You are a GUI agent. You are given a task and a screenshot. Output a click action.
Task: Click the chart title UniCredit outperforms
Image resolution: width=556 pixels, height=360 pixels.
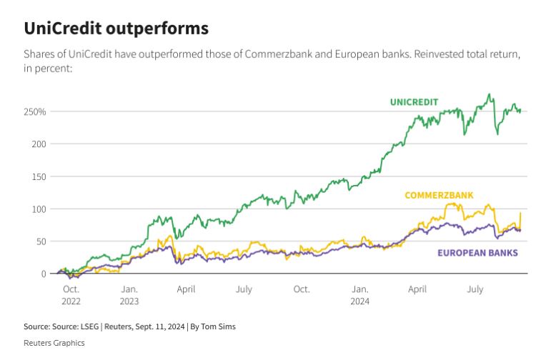[x=116, y=29]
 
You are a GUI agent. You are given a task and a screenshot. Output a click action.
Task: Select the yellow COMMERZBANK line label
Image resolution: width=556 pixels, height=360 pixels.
[x=439, y=195]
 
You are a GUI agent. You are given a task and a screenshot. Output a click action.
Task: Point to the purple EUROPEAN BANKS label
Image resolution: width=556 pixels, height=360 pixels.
[x=477, y=253]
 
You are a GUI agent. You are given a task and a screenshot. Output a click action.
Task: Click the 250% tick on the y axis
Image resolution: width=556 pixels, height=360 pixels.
[x=34, y=112]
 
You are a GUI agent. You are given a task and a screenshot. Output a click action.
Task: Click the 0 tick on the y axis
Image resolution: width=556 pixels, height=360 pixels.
[x=43, y=274]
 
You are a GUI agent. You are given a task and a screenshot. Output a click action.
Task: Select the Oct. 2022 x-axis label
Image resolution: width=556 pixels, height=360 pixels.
[x=71, y=295]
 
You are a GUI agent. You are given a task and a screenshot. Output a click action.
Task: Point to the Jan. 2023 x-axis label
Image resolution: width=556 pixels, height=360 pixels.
[x=129, y=295]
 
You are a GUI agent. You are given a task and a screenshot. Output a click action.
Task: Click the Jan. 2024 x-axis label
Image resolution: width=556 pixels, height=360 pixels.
[x=359, y=295]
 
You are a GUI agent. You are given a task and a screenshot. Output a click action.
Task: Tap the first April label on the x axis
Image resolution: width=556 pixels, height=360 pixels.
[x=186, y=289]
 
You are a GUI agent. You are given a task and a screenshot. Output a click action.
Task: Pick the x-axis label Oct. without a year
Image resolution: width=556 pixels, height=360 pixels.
[x=302, y=289]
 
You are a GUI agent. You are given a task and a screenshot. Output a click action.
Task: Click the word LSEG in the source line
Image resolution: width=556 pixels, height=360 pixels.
[x=89, y=326]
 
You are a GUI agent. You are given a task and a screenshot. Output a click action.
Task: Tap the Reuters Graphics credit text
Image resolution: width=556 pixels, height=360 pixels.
[x=54, y=343]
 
